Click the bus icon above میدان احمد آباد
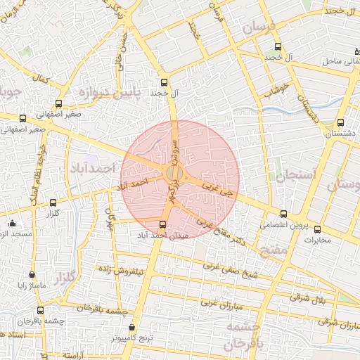tap(164, 225)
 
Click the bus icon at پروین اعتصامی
tap(284, 214)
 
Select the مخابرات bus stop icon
tap(316, 229)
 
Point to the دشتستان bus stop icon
tap(340, 122)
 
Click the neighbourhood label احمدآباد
tap(92, 169)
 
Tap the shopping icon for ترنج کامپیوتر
tap(132, 328)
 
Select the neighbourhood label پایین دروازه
tap(110, 92)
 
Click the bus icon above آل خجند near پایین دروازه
tap(164, 82)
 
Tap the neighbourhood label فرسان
tap(262, 29)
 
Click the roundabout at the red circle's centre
tap(175, 173)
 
